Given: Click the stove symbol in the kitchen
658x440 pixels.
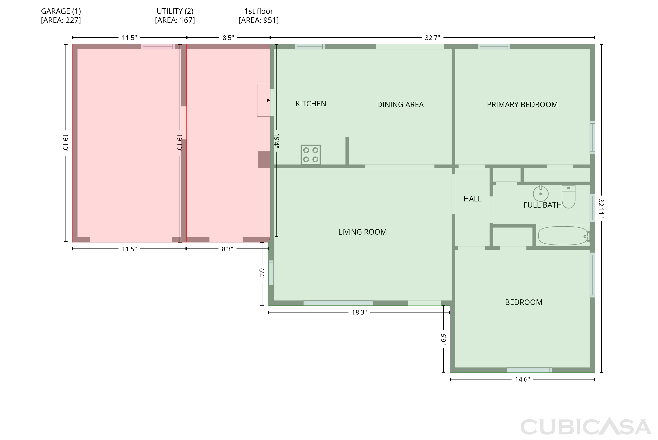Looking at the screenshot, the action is click(x=310, y=155).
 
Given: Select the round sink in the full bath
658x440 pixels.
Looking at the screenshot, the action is click(x=541, y=193).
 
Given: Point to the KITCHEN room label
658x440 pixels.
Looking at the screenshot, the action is click(x=311, y=104).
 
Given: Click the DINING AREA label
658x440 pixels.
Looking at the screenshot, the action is click(x=400, y=105).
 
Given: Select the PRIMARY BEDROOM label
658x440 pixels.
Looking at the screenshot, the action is click(x=522, y=105).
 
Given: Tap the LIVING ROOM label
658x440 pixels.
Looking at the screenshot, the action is click(x=363, y=232).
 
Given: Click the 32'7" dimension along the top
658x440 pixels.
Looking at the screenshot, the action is click(x=432, y=38).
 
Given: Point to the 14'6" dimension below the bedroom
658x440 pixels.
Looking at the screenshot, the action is click(x=522, y=379).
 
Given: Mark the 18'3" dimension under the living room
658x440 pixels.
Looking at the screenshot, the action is click(x=359, y=313).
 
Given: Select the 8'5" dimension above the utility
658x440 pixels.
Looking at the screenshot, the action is click(x=228, y=38).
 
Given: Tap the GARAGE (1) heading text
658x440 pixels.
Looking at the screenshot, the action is click(x=61, y=11).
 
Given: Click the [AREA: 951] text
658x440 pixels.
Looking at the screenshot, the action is click(x=259, y=20).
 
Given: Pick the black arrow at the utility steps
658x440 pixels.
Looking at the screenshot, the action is click(x=264, y=100).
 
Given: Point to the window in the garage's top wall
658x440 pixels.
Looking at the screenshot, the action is click(x=158, y=47).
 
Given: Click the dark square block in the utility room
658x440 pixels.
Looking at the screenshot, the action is click(x=264, y=159).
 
